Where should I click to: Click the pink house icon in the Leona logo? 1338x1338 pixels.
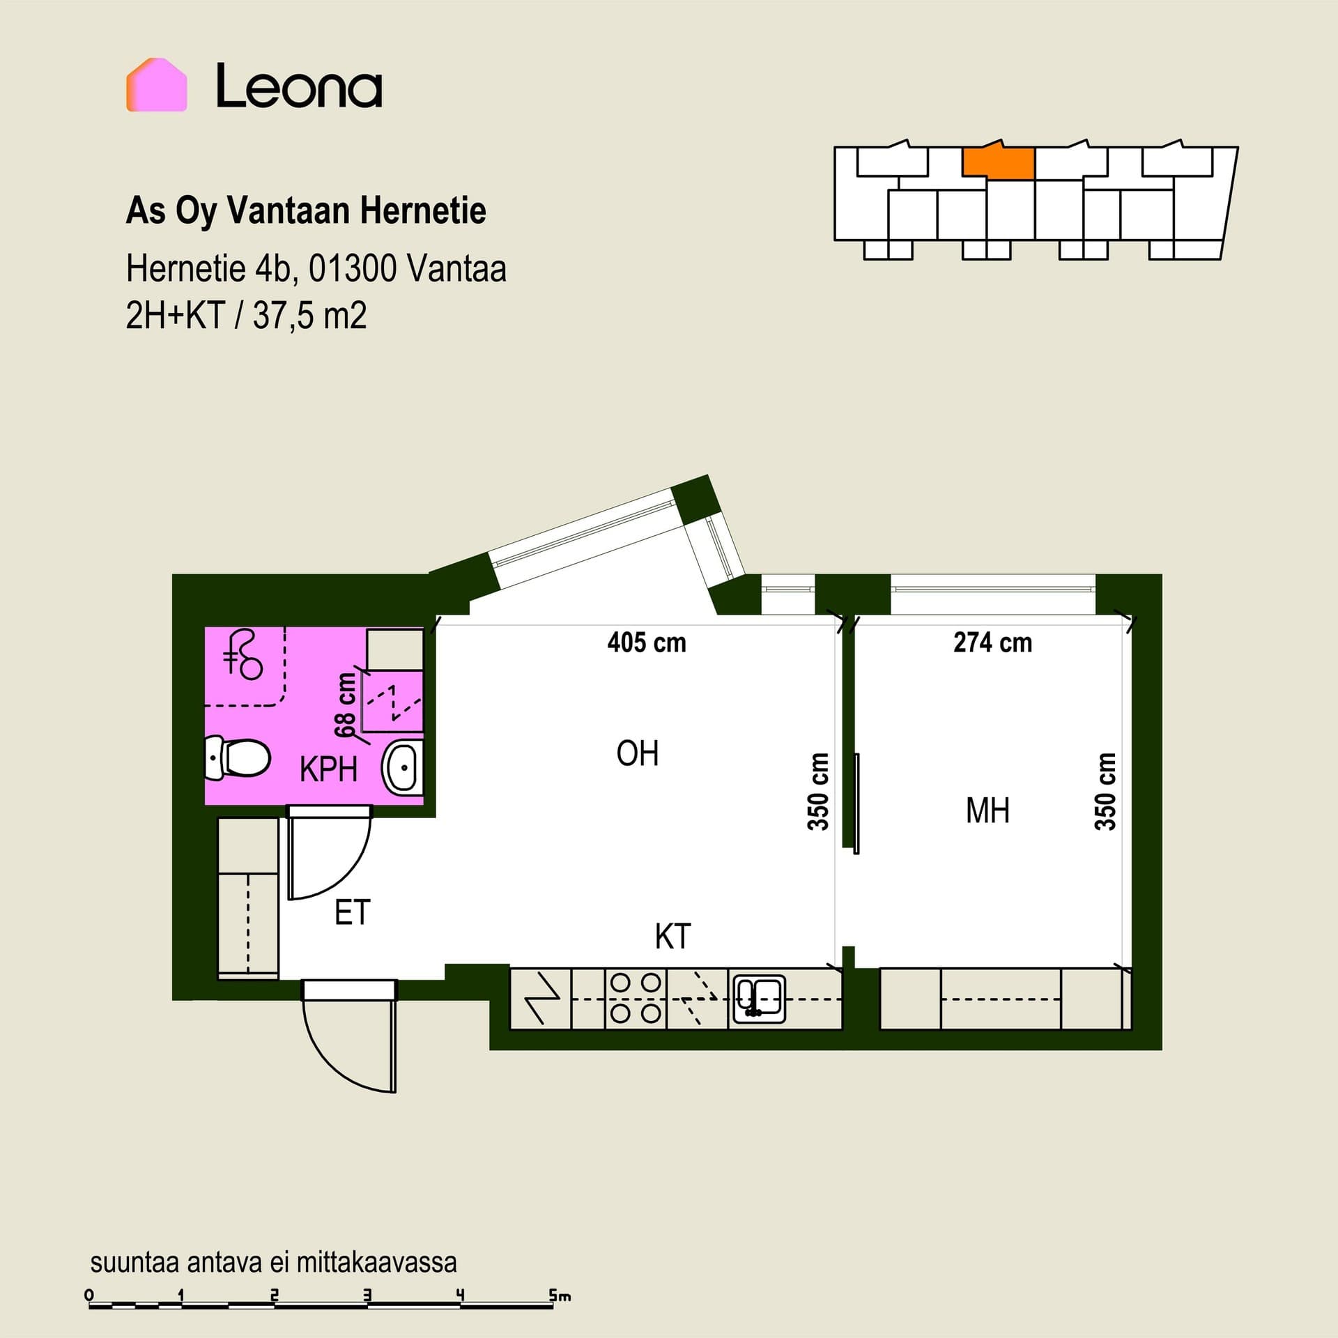pyautogui.click(x=156, y=84)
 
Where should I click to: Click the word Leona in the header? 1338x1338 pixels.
pyautogui.click(x=299, y=86)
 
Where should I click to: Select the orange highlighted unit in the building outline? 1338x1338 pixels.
pyautogui.click(x=998, y=162)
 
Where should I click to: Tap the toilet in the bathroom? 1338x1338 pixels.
pyautogui.click(x=237, y=758)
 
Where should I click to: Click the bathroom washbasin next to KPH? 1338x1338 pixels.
pyautogui.click(x=402, y=769)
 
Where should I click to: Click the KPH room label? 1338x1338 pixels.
pyautogui.click(x=328, y=770)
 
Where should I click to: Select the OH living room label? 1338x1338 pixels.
pyautogui.click(x=638, y=753)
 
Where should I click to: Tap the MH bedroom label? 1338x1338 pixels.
pyautogui.click(x=987, y=810)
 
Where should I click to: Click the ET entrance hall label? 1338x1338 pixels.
pyautogui.click(x=352, y=913)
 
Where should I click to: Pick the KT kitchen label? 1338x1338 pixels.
pyautogui.click(x=672, y=937)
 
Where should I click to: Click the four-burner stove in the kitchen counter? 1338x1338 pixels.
pyautogui.click(x=636, y=998)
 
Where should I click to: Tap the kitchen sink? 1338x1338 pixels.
pyautogui.click(x=758, y=998)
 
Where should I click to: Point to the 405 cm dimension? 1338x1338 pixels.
pyautogui.click(x=647, y=643)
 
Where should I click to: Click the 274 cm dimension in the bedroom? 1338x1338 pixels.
pyautogui.click(x=993, y=643)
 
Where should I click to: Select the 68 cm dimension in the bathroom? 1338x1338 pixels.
pyautogui.click(x=346, y=705)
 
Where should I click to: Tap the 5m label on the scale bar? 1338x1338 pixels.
pyautogui.click(x=560, y=1295)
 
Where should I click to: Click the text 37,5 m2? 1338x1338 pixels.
pyautogui.click(x=309, y=316)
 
